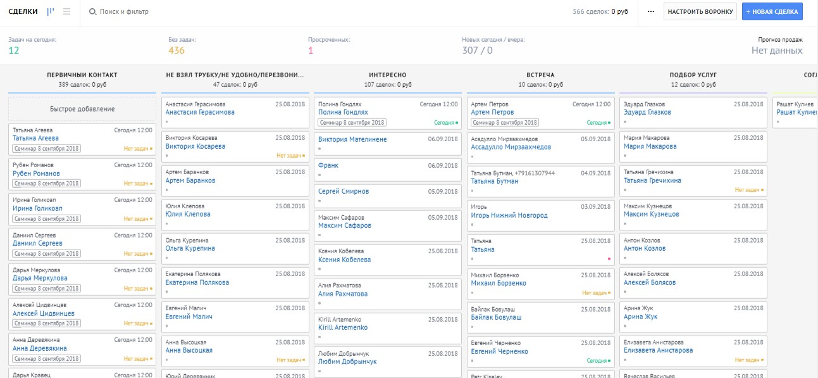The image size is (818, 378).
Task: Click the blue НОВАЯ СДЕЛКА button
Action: coord(772,11)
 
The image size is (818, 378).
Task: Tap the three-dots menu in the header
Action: coord(651,11)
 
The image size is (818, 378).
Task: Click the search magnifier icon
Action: coord(92,11)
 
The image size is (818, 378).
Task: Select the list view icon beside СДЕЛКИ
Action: coord(66,11)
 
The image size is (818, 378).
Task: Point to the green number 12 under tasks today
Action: coord(13,51)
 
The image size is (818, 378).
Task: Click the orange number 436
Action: coord(177,51)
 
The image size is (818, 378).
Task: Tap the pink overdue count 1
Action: coord(311,51)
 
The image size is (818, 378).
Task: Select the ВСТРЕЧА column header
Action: coord(540,75)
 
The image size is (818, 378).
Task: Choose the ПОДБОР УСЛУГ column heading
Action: coord(693,75)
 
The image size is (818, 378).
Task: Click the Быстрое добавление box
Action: coord(82,109)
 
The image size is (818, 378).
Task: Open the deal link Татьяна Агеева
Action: coord(35,138)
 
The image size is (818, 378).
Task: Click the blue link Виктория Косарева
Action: coord(195,146)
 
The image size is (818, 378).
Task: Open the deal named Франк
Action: coord(328,165)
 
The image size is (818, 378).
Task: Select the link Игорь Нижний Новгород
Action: coord(509,215)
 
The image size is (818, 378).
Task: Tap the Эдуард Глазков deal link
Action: coord(647,112)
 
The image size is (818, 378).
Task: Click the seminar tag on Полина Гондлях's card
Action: coord(352,122)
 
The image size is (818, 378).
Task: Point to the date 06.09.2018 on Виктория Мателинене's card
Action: coord(443,139)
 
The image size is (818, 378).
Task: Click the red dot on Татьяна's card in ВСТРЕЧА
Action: coord(609,259)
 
